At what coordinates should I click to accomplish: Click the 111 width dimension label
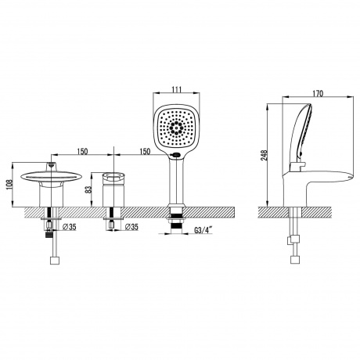point(177,89)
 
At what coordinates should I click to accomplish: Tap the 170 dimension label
point(318,93)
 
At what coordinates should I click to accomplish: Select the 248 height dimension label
point(264,156)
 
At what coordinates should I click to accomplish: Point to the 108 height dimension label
point(9,185)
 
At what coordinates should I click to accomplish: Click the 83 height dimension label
point(88,189)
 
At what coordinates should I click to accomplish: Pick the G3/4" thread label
point(203,230)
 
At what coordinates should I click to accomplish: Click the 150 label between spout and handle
point(82,152)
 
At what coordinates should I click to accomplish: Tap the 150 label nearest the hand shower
point(144,152)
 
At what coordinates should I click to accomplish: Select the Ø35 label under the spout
point(70,227)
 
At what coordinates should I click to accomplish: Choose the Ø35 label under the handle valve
point(131,227)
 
